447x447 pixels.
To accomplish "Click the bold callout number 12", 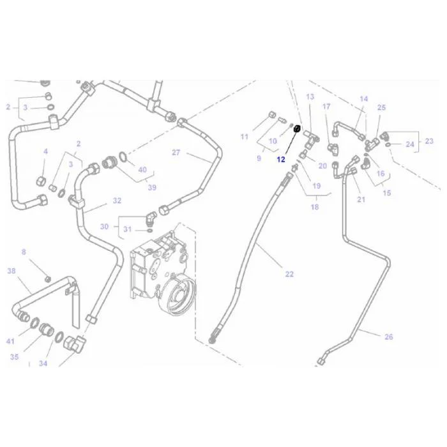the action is tap(281, 160).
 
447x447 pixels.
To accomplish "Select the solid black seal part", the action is tap(297, 128).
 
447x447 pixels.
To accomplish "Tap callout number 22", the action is tap(289, 274).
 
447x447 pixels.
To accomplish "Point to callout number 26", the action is tap(388, 337).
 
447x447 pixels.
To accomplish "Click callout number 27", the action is tap(176, 153).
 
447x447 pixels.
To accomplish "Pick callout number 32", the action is tap(117, 201).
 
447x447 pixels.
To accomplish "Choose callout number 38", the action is tap(11, 271).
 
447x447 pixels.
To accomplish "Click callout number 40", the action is tap(142, 170).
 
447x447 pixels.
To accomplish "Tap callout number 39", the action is tap(152, 187).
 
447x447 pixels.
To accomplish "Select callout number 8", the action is tap(24, 252).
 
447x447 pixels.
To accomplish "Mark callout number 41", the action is tap(10, 341).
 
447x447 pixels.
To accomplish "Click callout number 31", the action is tap(128, 229).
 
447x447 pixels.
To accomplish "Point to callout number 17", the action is tap(326, 107).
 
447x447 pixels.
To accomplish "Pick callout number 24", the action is tap(410, 144).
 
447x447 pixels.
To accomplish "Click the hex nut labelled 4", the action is tap(42, 181).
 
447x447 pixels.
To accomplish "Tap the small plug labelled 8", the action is tap(48, 278).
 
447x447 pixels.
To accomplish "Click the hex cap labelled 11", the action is tap(272, 115).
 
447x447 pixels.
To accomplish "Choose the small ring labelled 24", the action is tap(388, 145).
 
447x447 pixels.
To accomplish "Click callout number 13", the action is tap(310, 97).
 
